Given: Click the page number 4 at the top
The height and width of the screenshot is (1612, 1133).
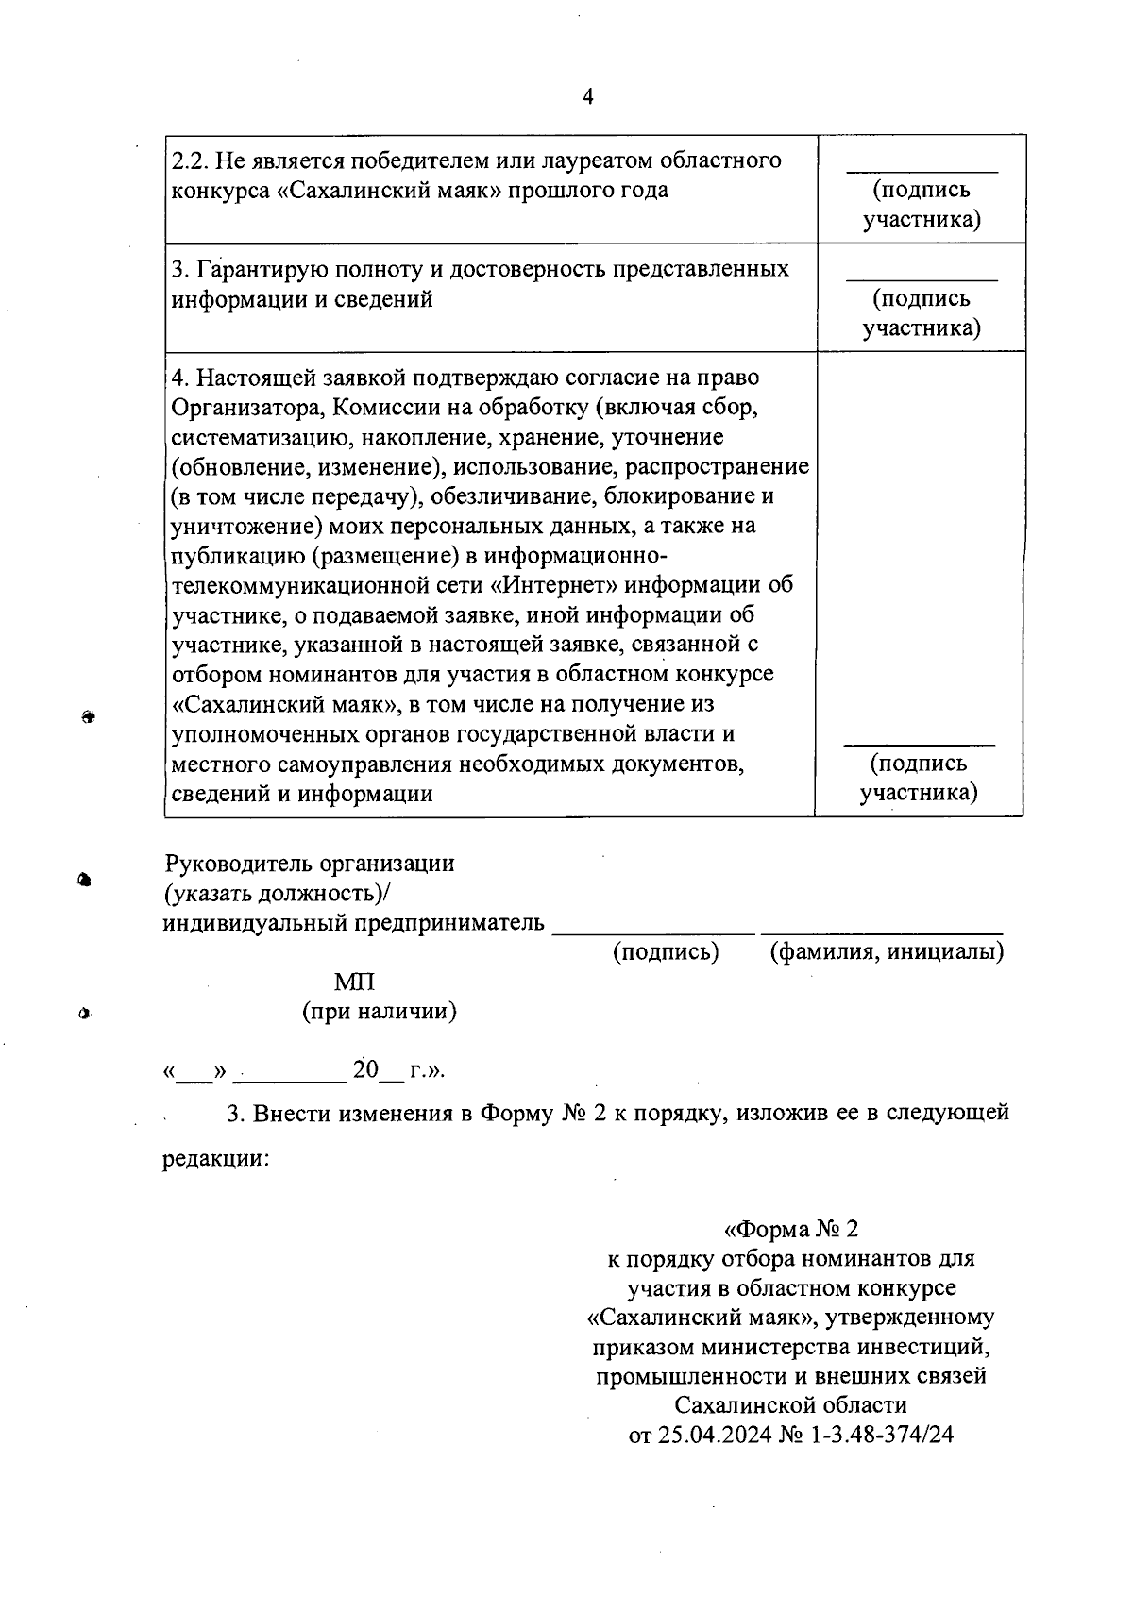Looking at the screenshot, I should point(588,97).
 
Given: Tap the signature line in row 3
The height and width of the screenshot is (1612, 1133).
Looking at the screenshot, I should point(922,280).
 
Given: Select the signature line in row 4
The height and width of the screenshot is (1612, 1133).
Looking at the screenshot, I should point(919,746).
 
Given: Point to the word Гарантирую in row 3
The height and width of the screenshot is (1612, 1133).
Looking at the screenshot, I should point(258,269).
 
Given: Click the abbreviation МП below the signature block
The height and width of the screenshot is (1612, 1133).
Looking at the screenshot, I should point(355,982).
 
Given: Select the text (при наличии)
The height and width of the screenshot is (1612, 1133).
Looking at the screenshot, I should point(380,1012).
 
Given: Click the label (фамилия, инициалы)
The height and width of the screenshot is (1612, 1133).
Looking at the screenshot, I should point(887,951).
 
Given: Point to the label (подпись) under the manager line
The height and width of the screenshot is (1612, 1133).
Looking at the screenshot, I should point(667,951).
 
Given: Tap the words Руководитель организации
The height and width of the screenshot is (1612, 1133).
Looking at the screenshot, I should point(310,863).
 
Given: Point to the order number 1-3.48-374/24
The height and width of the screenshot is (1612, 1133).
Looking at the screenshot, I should point(882,1435).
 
